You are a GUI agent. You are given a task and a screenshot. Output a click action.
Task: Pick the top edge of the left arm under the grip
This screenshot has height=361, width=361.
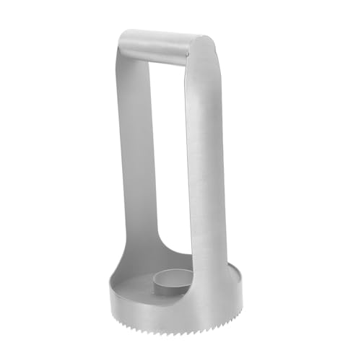[x=130, y=65]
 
